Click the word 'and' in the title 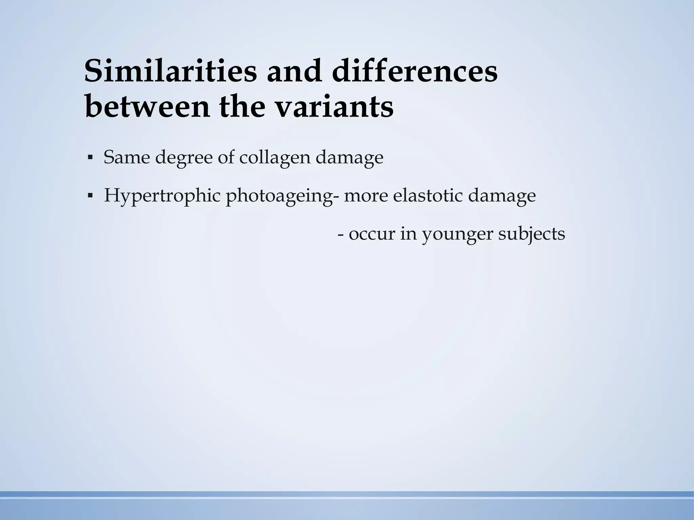click(x=294, y=71)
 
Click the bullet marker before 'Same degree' click(x=90, y=158)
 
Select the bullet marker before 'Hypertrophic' click(x=90, y=196)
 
